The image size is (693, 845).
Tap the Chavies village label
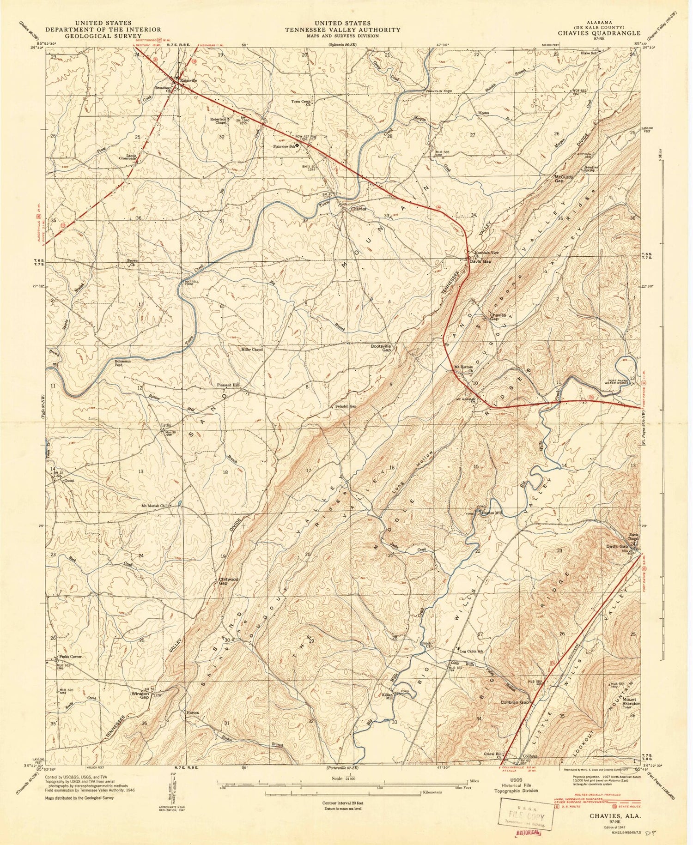[358, 209]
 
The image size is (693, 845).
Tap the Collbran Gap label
[514, 702]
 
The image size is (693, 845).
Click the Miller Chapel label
[252, 350]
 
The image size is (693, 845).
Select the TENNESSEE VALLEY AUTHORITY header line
[342, 30]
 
